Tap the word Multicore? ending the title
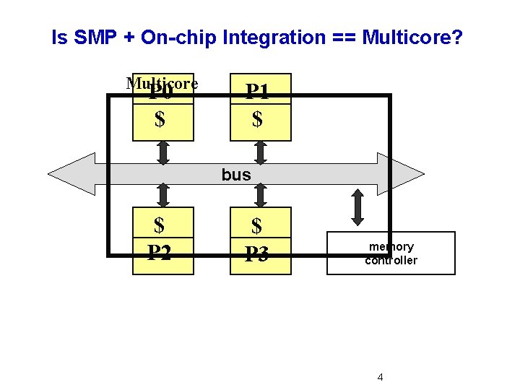click(x=412, y=38)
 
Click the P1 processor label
click(x=258, y=91)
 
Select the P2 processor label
click(x=160, y=253)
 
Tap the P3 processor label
click(x=256, y=254)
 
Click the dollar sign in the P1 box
click(x=257, y=118)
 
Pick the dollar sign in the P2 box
click(x=160, y=226)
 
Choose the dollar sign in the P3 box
click(x=256, y=227)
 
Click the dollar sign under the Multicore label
click(x=160, y=118)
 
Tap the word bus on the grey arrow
click(x=236, y=175)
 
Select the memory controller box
click(x=391, y=253)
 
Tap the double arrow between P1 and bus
click(x=261, y=152)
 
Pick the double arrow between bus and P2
click(x=163, y=195)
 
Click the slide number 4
click(x=381, y=377)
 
